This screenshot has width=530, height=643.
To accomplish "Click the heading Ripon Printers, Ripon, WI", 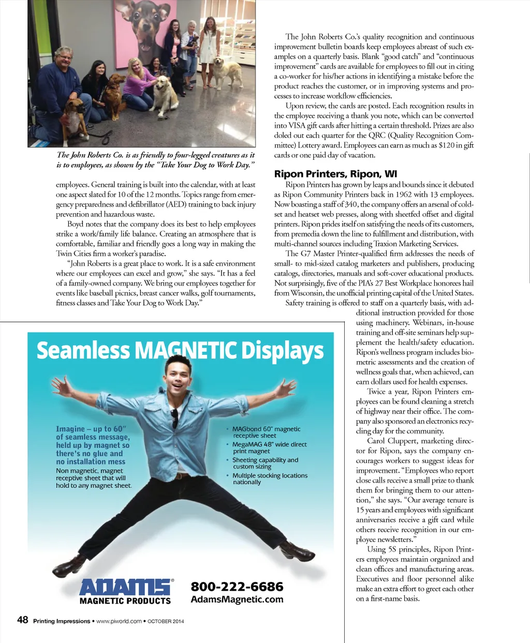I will (x=335, y=174).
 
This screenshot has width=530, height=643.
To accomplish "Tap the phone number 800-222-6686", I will (x=237, y=587).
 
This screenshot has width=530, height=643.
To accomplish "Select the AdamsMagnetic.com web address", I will (x=237, y=600).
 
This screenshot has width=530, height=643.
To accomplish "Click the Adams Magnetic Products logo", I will (x=125, y=592).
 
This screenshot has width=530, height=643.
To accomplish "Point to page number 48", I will (x=23, y=620).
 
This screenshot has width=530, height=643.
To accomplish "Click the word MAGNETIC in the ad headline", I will (x=186, y=351).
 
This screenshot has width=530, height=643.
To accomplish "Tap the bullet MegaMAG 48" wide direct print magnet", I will (x=269, y=448).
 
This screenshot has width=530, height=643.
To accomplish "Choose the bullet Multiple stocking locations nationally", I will (x=269, y=479).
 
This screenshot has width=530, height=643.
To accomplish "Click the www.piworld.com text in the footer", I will (x=119, y=621).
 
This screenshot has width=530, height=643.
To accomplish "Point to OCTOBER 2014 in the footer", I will (x=166, y=621).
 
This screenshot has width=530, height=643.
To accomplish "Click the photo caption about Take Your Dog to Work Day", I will (x=155, y=160).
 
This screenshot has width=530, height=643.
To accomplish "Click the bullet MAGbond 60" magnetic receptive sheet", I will (x=266, y=432).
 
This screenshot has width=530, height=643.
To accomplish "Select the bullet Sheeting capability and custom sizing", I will (x=264, y=463).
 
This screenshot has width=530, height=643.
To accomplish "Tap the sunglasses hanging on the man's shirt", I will (x=175, y=416).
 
